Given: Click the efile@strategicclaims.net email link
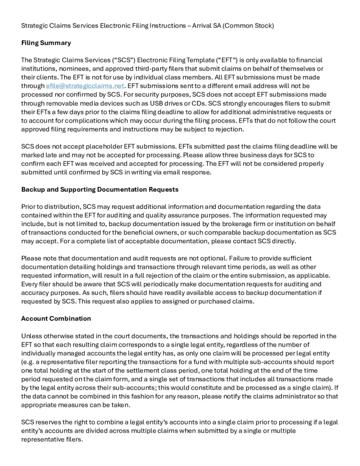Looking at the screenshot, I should tap(85, 86).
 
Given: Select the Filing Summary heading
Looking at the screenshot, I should tap(46, 43).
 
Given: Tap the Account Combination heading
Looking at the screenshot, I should tap(56, 318).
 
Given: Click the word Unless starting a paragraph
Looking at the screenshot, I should tap(32, 335).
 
